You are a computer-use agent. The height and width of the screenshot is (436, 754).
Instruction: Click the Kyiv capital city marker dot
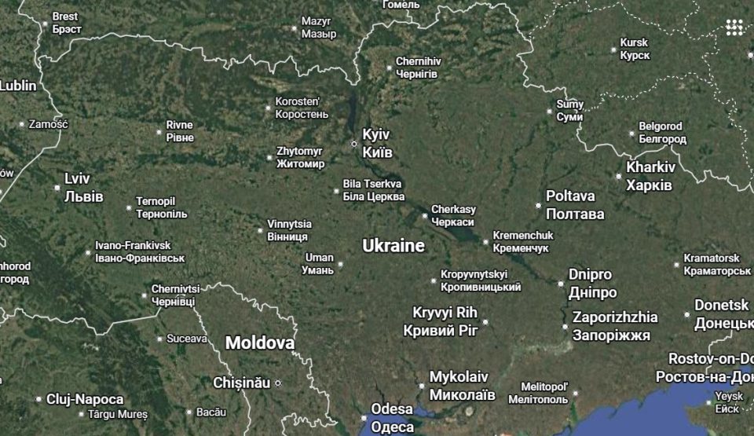point(353,144)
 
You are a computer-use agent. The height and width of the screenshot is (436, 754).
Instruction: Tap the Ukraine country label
point(393,246)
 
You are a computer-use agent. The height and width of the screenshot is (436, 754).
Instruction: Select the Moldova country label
point(260,343)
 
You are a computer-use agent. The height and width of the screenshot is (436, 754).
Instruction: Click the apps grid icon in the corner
point(734,27)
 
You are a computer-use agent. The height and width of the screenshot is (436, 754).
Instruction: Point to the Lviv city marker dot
point(57,188)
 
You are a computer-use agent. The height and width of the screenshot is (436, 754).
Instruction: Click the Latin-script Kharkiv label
point(650,167)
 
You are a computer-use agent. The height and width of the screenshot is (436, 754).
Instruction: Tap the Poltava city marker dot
point(539,206)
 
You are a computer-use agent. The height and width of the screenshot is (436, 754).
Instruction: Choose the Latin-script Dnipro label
point(590,274)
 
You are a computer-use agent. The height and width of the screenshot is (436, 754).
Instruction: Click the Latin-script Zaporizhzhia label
point(615,317)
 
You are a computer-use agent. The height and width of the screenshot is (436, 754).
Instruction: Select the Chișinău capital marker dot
point(277,383)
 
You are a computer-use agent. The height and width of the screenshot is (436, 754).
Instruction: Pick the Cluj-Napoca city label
point(85,399)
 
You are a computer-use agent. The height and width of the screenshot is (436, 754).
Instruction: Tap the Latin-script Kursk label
point(634,42)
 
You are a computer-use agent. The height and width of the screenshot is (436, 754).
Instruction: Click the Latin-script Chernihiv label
point(419,60)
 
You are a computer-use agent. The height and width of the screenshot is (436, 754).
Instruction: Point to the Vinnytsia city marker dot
point(261,230)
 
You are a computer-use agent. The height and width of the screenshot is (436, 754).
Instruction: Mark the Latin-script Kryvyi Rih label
point(445,313)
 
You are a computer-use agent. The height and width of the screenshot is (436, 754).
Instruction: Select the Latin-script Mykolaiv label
point(459,376)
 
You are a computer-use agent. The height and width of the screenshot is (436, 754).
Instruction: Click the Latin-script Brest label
point(65,16)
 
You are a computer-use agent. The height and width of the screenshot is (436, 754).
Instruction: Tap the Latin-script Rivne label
point(179,125)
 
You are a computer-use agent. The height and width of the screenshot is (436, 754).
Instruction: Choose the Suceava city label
point(187,339)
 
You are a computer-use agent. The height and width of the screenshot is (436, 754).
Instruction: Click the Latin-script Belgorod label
point(661,126)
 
